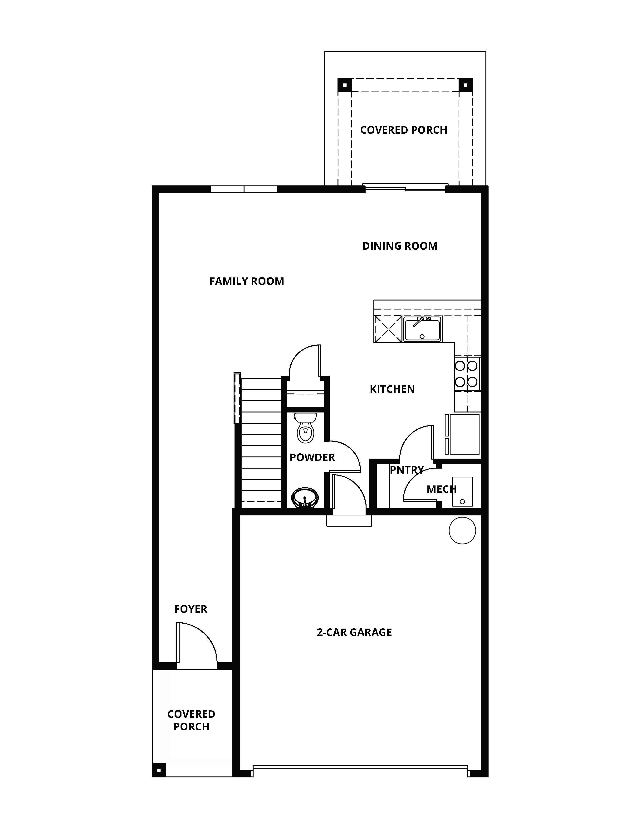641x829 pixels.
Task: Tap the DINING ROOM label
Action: pyautogui.click(x=400, y=246)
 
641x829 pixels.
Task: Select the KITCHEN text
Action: pyautogui.click(x=392, y=389)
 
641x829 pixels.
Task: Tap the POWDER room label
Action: pyautogui.click(x=312, y=457)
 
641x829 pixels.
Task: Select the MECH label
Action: pyautogui.click(x=441, y=489)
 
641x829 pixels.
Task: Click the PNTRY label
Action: pyautogui.click(x=406, y=470)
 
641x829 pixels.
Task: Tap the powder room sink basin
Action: pyautogui.click(x=304, y=497)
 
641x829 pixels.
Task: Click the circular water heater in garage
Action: pyautogui.click(x=462, y=531)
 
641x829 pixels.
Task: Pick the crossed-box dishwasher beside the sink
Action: pyautogui.click(x=388, y=329)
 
